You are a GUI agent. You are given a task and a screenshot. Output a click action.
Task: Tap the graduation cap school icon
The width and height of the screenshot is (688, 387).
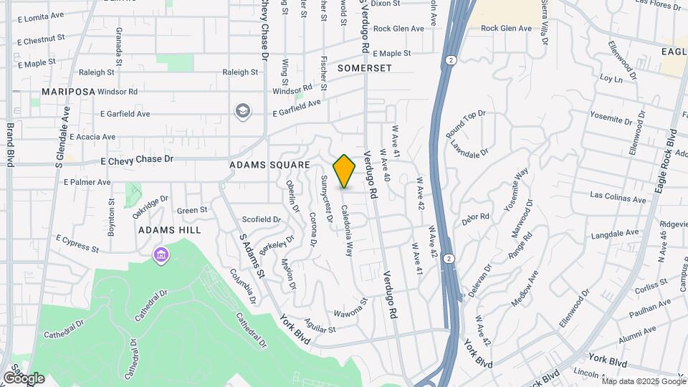pyautogui.click(x=243, y=111)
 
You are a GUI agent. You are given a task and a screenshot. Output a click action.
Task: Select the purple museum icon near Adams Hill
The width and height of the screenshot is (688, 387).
pyautogui.click(x=161, y=254)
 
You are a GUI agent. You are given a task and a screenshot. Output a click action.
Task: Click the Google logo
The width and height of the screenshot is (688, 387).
pyautogui.click(x=24, y=378)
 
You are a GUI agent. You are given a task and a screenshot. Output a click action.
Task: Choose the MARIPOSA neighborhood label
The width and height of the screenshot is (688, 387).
pyautogui.click(x=68, y=92)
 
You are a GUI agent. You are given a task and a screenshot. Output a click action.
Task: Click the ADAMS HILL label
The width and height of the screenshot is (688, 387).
pyautogui.click(x=169, y=230)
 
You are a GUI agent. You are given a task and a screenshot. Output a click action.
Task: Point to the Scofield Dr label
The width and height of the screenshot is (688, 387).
pyautogui.click(x=262, y=219)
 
